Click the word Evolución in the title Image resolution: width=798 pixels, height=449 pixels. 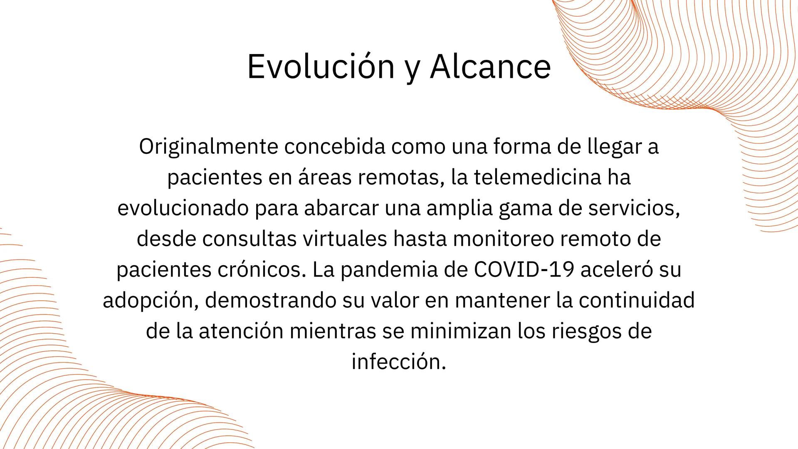point(321,67)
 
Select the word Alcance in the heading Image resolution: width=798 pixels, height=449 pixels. point(491,67)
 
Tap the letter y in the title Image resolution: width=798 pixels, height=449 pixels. point(412,70)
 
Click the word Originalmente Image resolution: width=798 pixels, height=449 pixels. point(208,147)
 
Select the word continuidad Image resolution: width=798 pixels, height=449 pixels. point(637,301)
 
